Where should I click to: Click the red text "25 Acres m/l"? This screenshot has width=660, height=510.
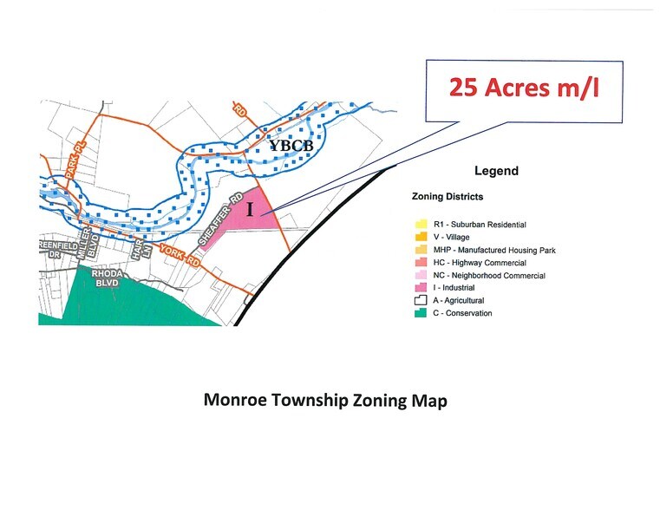524,88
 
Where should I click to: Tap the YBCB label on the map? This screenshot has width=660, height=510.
291,146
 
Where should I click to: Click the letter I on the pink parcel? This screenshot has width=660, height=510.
250,209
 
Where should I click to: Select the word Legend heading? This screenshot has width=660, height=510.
496,171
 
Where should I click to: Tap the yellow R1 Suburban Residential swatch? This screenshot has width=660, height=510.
419,225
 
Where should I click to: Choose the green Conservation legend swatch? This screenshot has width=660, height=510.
419,313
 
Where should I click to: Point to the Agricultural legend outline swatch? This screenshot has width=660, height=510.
419,300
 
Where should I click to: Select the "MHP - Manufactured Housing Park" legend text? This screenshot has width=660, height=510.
494,250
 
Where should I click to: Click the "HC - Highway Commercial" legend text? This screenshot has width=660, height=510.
480,263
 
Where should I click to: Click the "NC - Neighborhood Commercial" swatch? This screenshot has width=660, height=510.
419,275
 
